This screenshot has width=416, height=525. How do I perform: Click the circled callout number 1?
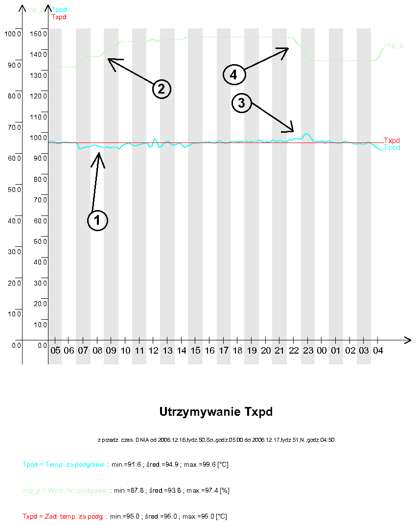[97, 220]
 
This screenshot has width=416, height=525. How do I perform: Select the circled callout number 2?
[161, 89]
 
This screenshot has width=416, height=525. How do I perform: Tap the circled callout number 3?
[241, 103]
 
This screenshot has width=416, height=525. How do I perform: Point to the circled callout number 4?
[233, 74]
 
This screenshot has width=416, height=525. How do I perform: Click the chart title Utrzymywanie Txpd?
[216, 412]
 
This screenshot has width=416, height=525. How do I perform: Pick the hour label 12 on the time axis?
[154, 351]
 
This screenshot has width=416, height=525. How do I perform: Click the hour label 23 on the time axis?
[308, 351]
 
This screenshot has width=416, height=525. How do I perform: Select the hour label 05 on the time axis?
[55, 351]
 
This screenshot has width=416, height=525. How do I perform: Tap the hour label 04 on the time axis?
[378, 351]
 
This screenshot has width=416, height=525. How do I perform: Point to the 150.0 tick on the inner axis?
[38, 34]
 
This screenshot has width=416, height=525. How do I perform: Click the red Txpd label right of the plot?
[392, 140]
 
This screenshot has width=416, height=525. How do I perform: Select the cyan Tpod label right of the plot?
[392, 147]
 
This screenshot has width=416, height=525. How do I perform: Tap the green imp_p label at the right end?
[394, 46]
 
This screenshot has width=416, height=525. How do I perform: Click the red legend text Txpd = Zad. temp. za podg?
[63, 516]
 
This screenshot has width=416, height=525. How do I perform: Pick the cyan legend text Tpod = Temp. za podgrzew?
[64, 464]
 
